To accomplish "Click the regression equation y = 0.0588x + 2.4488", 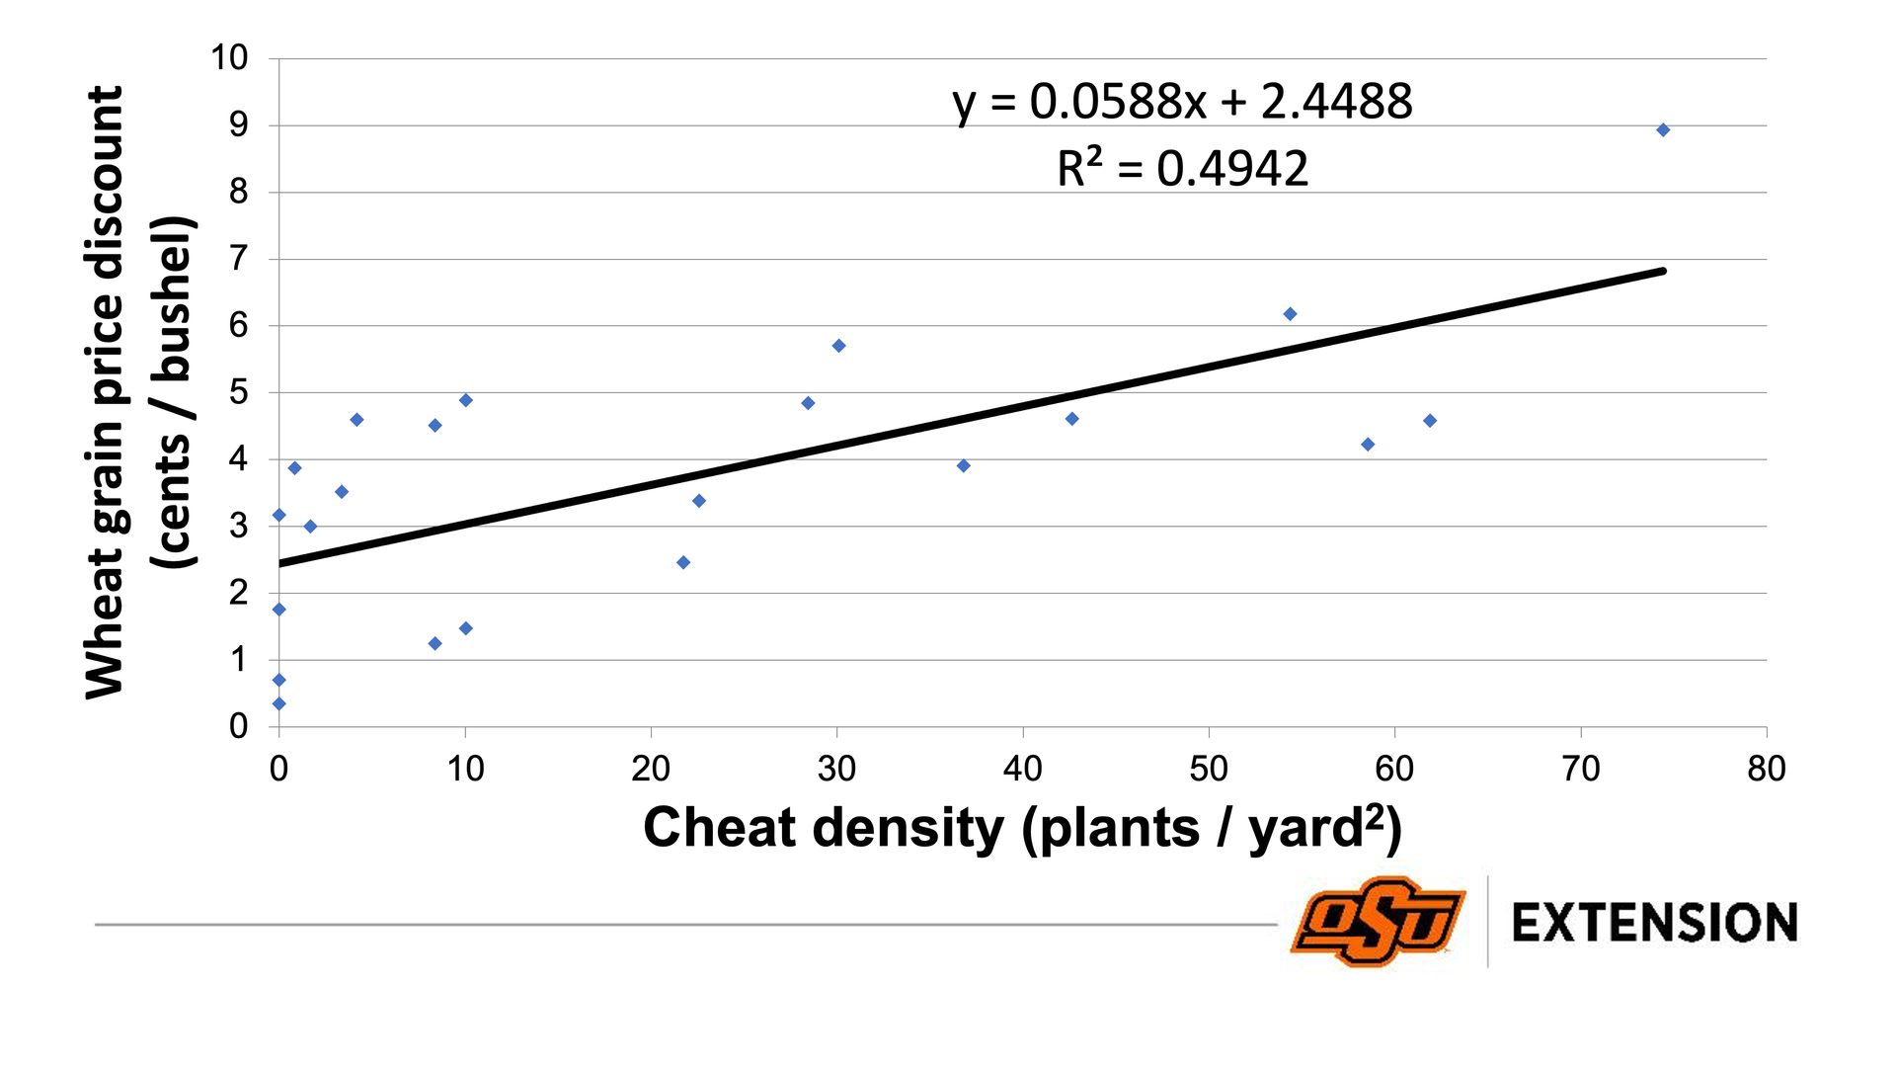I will click(x=1182, y=102).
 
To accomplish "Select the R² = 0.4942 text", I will click(x=1182, y=168).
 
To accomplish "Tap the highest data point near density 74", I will click(x=1663, y=130).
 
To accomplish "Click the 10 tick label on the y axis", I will click(x=229, y=58).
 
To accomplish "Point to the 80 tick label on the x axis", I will click(x=1766, y=769).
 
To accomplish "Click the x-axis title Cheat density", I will click(x=1022, y=828).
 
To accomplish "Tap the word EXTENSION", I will click(x=1654, y=923).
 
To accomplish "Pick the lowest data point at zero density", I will click(x=279, y=703).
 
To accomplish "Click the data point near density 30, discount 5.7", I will click(x=838, y=346).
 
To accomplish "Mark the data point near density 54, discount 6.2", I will click(x=1290, y=314).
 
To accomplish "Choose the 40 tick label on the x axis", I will click(x=1022, y=769).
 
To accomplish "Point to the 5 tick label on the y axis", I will click(x=238, y=392).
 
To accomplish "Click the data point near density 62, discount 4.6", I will click(x=1430, y=421).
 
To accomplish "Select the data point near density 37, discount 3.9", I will click(x=964, y=466).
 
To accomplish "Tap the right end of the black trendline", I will click(x=1663, y=271).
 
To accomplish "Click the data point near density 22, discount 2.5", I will click(x=683, y=563).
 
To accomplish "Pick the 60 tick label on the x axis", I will click(x=1394, y=769).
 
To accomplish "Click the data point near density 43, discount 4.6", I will click(x=1072, y=419).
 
